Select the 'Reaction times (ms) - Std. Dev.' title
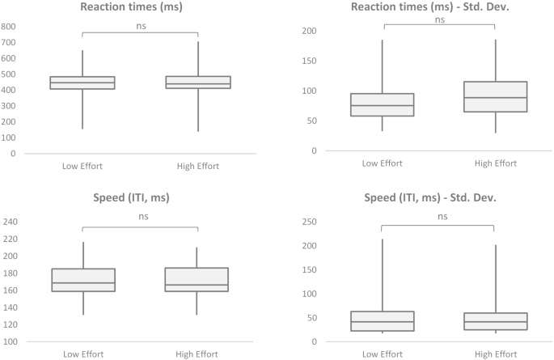point(438,9)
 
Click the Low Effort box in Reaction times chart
point(82,83)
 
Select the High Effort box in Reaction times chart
point(197,83)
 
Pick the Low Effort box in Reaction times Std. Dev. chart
point(382,104)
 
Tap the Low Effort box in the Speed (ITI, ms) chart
point(82,280)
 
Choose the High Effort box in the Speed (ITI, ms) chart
point(197,280)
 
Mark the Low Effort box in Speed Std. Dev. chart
point(382,321)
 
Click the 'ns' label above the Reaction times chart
point(140,25)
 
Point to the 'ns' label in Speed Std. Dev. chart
point(438,217)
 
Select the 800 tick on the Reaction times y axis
point(9,26)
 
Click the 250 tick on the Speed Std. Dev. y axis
point(308,222)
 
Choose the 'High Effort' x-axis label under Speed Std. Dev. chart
point(495,354)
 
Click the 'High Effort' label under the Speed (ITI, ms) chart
point(197,354)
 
